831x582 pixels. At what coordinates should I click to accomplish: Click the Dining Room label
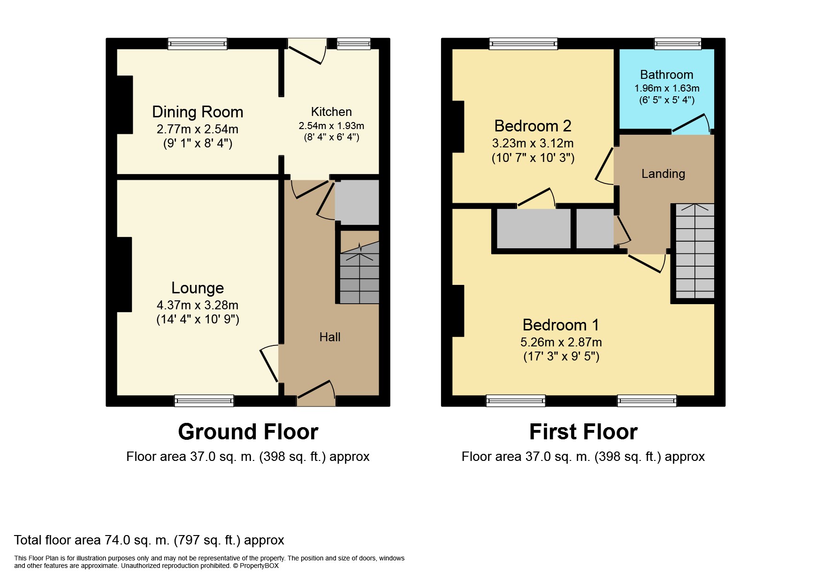click(x=198, y=112)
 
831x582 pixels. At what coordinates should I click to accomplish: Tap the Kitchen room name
click(x=331, y=112)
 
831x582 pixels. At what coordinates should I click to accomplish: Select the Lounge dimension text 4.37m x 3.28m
click(x=198, y=305)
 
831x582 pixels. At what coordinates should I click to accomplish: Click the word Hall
click(x=330, y=337)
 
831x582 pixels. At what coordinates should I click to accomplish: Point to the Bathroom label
click(x=666, y=75)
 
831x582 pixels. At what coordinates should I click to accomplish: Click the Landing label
click(x=663, y=174)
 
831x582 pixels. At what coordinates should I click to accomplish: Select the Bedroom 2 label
click(x=533, y=126)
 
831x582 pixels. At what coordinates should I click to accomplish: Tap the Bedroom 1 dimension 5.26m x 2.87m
click(x=561, y=342)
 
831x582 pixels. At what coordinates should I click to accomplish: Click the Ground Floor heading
click(x=248, y=432)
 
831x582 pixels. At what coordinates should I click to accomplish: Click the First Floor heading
click(x=583, y=432)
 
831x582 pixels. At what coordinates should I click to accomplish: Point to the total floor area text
click(x=149, y=540)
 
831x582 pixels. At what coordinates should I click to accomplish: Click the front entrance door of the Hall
click(x=316, y=393)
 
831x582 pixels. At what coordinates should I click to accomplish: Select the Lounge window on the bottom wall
click(x=204, y=400)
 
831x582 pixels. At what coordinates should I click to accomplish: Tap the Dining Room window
click(x=198, y=44)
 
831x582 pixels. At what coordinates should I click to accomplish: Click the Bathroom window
click(x=678, y=44)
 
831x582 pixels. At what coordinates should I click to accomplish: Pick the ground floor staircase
click(x=359, y=272)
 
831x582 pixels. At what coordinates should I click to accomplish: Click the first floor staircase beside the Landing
click(x=695, y=251)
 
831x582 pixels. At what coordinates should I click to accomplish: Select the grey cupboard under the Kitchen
click(x=357, y=203)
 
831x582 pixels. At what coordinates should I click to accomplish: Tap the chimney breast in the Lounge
click(x=124, y=275)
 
